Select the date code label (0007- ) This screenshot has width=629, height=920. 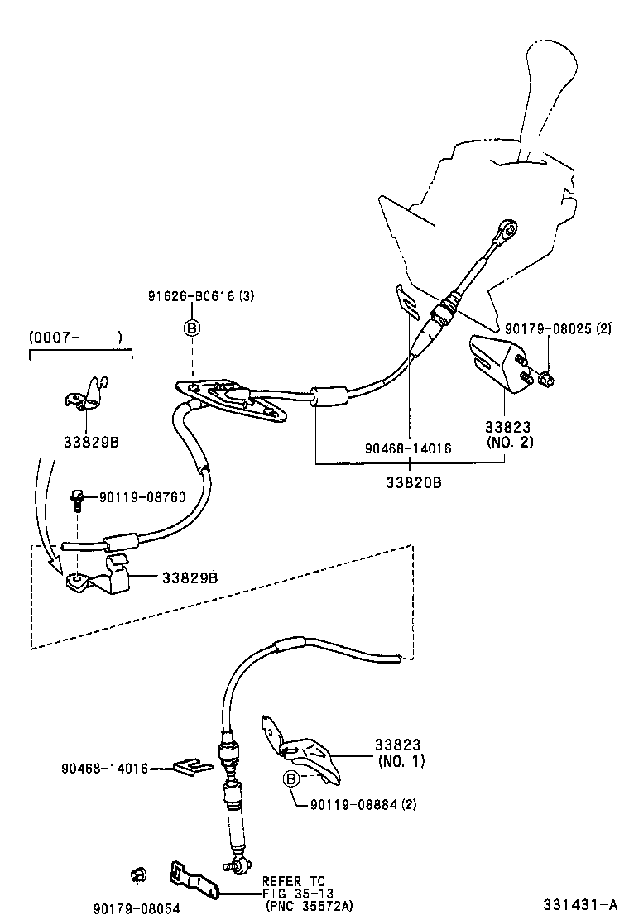coord(75,337)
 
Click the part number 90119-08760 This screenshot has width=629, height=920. coord(142,497)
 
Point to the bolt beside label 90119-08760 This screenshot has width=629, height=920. coord(76,498)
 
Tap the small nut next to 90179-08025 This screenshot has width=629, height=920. coord(545,380)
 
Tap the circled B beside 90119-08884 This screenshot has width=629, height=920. coord(290,779)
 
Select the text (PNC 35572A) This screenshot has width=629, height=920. coord(309,906)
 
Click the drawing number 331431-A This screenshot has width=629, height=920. coord(580,904)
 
